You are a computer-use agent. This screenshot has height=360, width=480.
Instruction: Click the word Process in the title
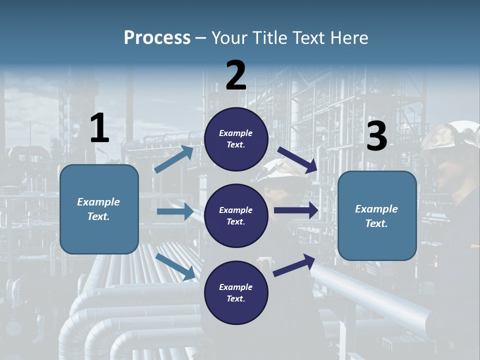click(x=157, y=38)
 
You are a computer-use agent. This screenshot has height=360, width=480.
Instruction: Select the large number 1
click(x=99, y=128)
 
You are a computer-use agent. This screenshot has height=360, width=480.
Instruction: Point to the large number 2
click(x=236, y=75)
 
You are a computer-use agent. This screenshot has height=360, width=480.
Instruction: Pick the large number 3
click(x=376, y=136)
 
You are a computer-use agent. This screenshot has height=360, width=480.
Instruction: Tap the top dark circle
click(x=236, y=139)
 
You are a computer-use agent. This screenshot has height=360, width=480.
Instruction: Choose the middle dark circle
click(x=236, y=215)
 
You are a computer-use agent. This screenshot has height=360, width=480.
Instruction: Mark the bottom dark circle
click(x=236, y=292)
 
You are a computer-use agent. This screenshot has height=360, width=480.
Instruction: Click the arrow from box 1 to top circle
click(x=173, y=159)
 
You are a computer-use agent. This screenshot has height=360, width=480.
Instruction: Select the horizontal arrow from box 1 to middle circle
click(x=175, y=211)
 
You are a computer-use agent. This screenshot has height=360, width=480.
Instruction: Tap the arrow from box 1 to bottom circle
click(x=175, y=266)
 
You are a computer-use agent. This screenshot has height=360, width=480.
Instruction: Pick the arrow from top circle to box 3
click(x=297, y=159)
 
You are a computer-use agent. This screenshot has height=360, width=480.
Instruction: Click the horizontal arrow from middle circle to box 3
click(x=296, y=210)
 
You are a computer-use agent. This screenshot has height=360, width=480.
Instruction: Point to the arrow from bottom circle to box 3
click(x=294, y=265)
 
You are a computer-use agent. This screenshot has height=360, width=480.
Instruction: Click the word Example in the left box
click(x=98, y=202)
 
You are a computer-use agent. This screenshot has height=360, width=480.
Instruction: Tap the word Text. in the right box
click(x=376, y=223)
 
